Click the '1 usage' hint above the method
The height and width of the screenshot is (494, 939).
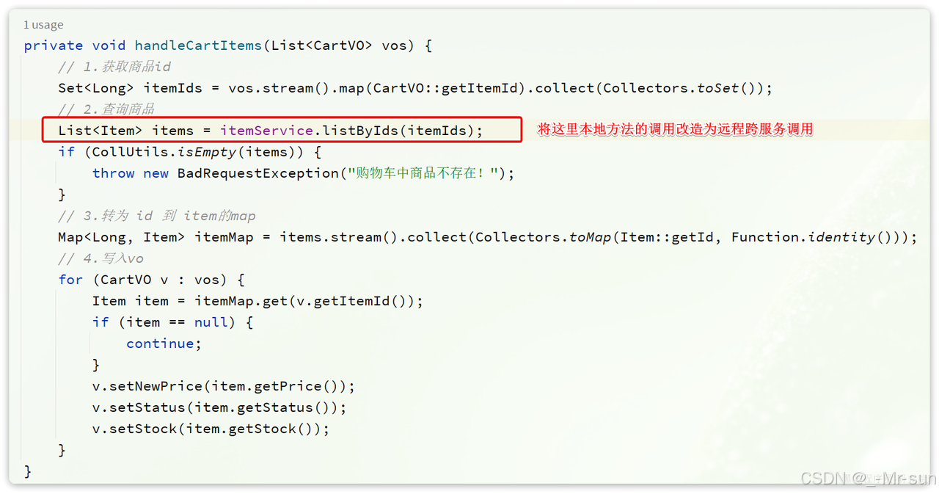(43, 25)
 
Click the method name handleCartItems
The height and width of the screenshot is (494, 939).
(198, 46)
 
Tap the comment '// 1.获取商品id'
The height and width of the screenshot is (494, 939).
(114, 67)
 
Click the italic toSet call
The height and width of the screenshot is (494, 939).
(717, 88)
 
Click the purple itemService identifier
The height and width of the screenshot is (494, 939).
(266, 131)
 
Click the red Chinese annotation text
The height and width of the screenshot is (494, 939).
(675, 130)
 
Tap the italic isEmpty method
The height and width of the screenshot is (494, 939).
(208, 152)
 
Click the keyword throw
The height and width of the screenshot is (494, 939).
(114, 173)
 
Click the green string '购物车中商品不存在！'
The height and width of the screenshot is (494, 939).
(425, 173)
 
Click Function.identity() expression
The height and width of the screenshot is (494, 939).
(814, 237)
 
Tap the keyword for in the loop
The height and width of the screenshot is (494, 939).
(70, 280)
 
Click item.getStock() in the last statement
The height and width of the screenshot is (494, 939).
(253, 429)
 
